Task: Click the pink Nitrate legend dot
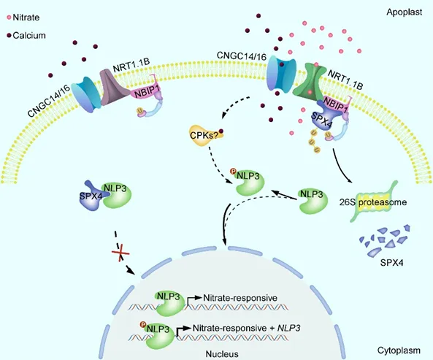click(9, 18)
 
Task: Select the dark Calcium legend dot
click(9, 35)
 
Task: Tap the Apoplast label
click(405, 12)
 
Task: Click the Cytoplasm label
click(399, 351)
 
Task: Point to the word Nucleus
click(222, 354)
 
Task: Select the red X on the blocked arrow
click(120, 253)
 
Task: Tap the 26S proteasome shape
click(374, 202)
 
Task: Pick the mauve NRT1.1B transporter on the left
click(112, 87)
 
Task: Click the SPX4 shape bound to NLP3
click(91, 196)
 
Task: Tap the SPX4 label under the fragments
click(391, 262)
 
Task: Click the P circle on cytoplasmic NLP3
click(233, 172)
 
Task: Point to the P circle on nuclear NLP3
click(143, 324)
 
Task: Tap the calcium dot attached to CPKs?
click(221, 131)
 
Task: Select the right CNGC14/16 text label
click(242, 55)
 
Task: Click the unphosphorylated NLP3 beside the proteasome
click(313, 201)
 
